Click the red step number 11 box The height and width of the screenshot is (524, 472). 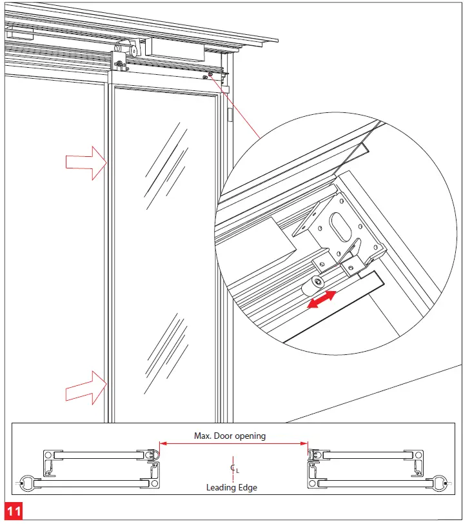(x=14, y=512)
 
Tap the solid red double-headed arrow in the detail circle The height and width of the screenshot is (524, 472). (x=321, y=300)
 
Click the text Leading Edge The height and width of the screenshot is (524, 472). (x=231, y=487)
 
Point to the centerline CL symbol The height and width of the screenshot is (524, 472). (x=233, y=469)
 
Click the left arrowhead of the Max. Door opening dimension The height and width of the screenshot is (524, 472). (x=162, y=443)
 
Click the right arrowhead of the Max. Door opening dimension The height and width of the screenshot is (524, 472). (x=305, y=443)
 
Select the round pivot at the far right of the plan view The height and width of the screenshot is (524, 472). (x=441, y=481)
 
